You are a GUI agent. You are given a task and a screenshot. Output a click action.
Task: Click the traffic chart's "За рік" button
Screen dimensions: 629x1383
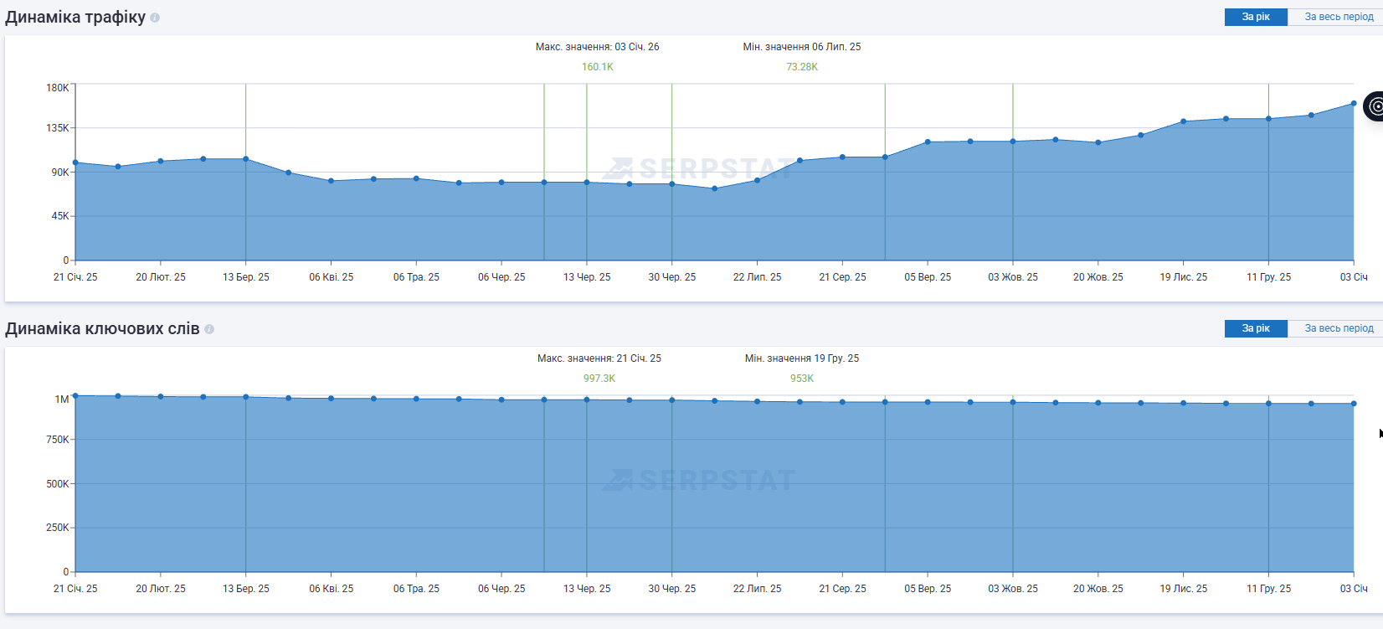coord(1255,17)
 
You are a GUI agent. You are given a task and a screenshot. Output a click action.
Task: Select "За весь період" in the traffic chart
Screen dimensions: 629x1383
coord(1338,17)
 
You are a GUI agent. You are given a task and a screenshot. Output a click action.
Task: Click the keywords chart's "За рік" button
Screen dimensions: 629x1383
coord(1255,328)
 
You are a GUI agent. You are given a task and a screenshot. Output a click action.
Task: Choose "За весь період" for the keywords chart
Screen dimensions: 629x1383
coord(1338,328)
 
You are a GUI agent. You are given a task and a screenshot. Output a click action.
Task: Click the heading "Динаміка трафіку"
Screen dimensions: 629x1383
coord(75,18)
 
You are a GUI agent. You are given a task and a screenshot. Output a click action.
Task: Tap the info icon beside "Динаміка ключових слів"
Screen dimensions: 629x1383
coord(209,329)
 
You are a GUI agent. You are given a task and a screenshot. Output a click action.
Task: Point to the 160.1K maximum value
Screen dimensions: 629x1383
coord(597,67)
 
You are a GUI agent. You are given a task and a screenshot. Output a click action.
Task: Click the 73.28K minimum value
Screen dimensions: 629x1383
coord(801,67)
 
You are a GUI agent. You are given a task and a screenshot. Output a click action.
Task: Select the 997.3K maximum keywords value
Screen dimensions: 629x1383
coord(599,379)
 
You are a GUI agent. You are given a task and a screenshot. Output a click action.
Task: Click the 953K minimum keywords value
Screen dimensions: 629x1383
coord(801,379)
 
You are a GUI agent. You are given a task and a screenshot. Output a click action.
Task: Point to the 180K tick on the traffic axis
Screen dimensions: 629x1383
coord(58,88)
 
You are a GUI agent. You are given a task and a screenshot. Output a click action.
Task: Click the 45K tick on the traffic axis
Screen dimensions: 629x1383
coord(60,216)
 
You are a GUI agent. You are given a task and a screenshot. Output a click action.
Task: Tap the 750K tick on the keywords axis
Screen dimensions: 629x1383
coord(58,440)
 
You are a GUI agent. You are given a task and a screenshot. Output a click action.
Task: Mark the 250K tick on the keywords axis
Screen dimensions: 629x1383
coord(58,528)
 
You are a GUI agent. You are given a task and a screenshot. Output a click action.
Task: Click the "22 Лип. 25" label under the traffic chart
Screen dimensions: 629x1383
coord(757,277)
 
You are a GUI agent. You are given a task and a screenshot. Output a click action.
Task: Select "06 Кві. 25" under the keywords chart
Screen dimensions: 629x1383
coord(331,589)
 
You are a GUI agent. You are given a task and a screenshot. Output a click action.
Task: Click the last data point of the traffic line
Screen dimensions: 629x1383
coord(1354,104)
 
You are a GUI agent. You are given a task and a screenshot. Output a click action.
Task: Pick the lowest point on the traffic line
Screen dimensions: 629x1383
coord(714,188)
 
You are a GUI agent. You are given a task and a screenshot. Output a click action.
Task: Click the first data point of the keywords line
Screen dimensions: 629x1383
coord(75,395)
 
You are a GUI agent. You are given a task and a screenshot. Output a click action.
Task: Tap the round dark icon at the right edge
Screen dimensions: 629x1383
coord(1375,106)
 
